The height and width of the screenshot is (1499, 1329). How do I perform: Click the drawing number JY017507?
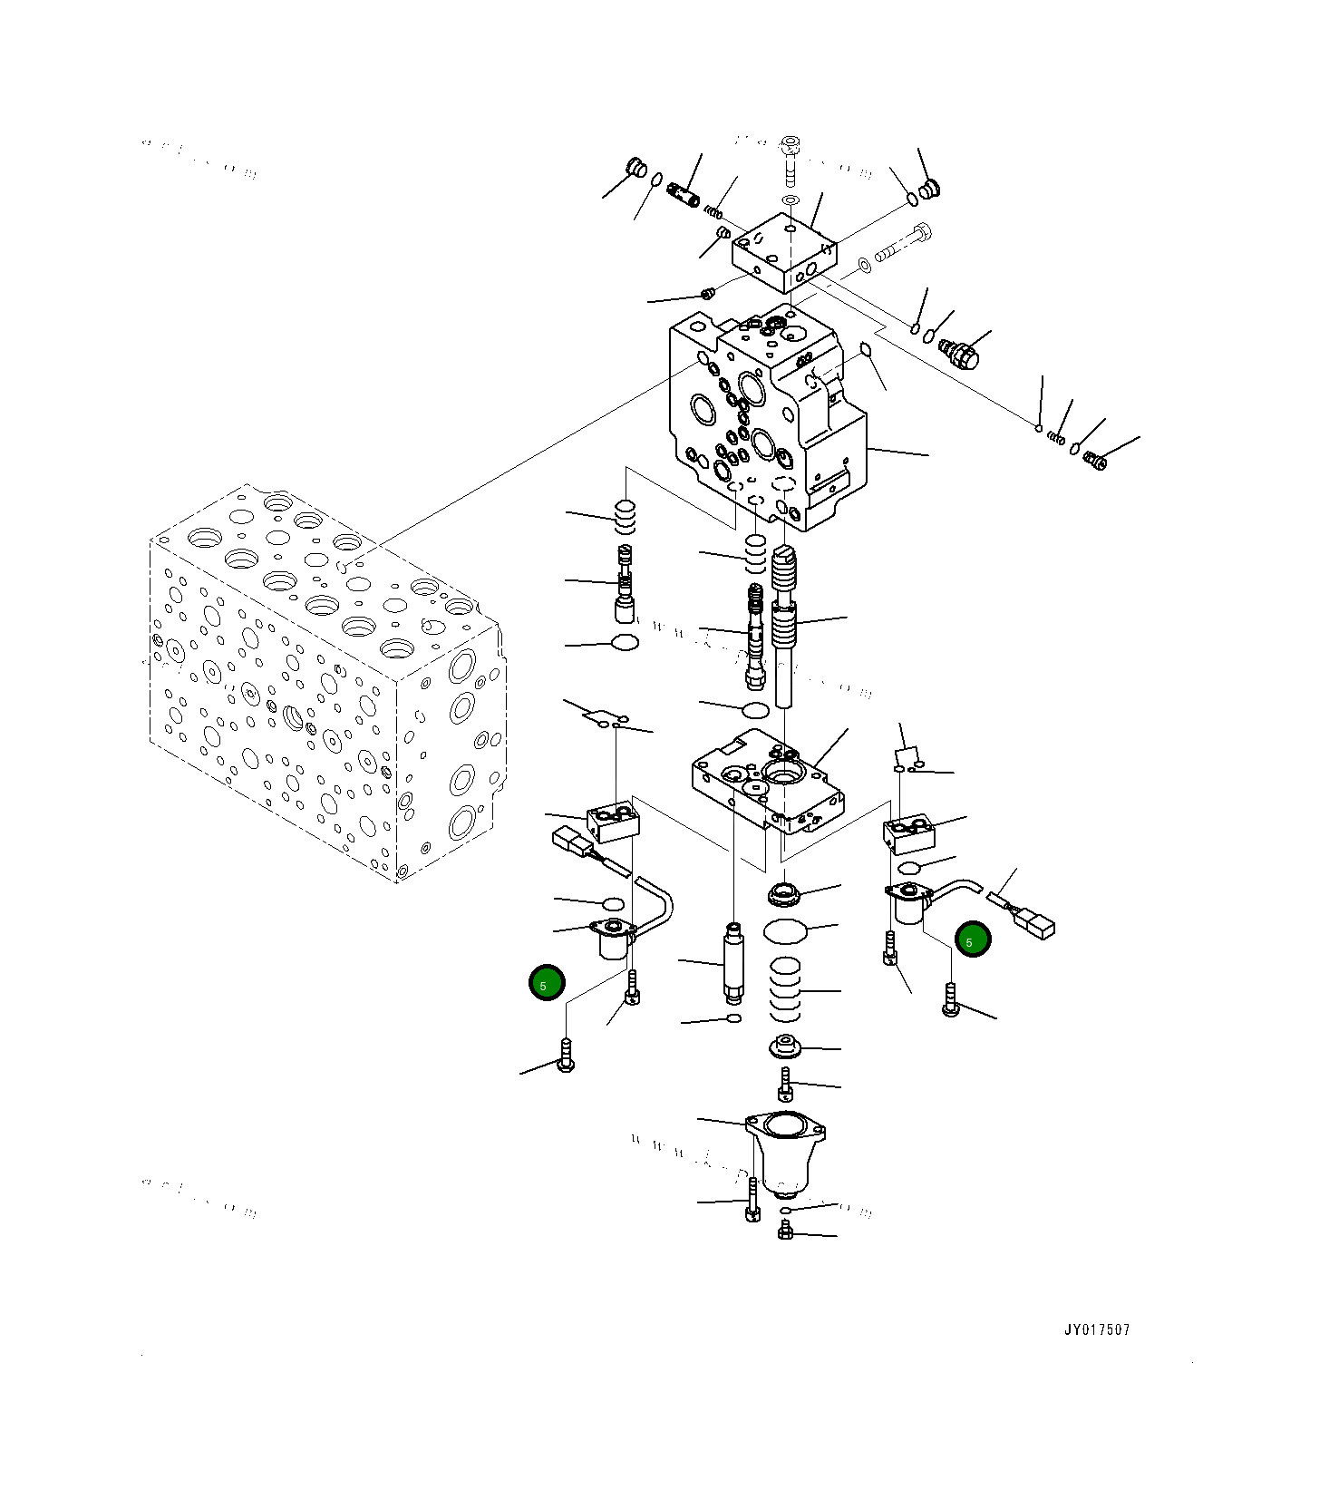tap(1097, 1330)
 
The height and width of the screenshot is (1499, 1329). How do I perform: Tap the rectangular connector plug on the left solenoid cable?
tap(570, 841)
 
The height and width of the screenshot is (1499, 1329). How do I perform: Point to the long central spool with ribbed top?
tap(784, 626)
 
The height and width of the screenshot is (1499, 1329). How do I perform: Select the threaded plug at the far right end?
tap(1095, 462)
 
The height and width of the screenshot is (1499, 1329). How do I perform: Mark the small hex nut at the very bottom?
tap(786, 1231)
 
